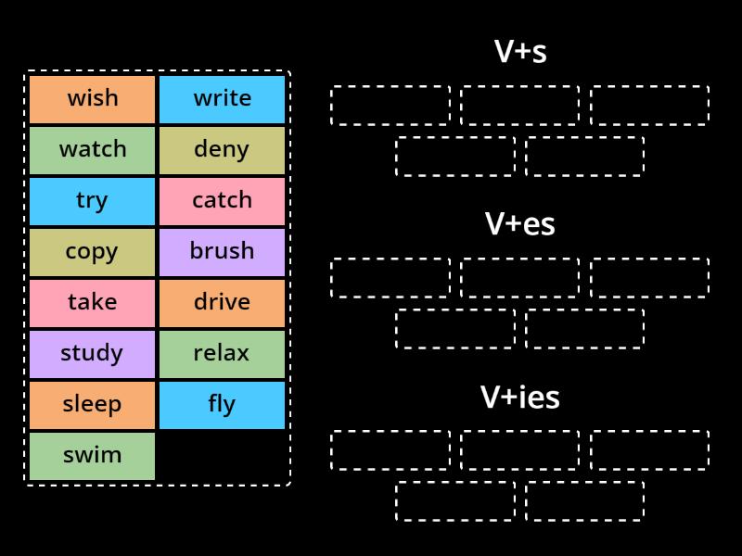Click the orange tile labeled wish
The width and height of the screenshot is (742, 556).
[x=92, y=99]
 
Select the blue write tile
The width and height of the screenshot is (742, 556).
[x=222, y=99]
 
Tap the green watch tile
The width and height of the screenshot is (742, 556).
[x=92, y=150]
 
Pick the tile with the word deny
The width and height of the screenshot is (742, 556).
[x=222, y=150]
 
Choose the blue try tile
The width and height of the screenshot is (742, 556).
[x=92, y=201]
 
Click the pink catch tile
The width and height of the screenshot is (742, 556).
[x=222, y=201]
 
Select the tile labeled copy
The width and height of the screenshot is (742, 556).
[x=92, y=252]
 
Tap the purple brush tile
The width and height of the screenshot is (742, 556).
[x=222, y=252]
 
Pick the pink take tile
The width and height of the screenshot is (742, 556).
[x=92, y=303]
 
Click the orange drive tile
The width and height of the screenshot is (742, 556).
[x=222, y=303]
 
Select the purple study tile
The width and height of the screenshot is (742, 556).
[x=92, y=354]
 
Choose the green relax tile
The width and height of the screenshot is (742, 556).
[x=222, y=354]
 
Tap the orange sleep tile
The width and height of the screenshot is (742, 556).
[x=92, y=405]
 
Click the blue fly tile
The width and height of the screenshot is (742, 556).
[x=222, y=405]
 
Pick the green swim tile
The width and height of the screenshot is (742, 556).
[x=92, y=456]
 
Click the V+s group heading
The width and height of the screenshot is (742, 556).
[x=519, y=52]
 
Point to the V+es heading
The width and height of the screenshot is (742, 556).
[x=519, y=224]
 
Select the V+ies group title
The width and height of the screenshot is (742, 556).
[x=519, y=398]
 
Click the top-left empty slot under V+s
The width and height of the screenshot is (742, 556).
[x=390, y=105]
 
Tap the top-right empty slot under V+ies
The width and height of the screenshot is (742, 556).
[x=649, y=450]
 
